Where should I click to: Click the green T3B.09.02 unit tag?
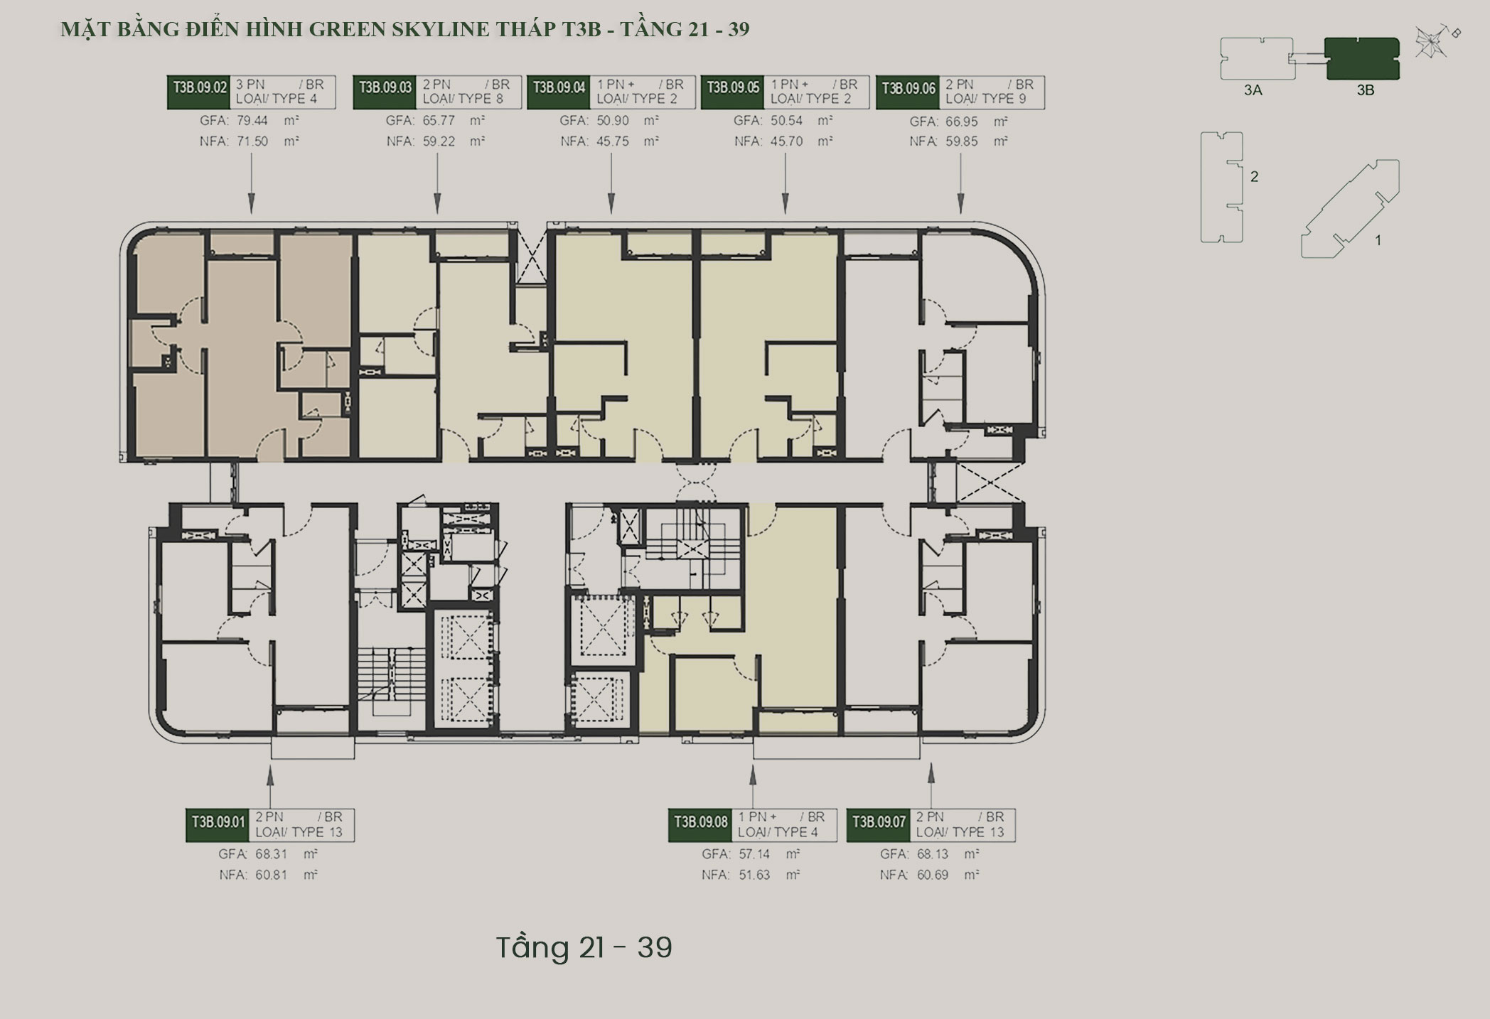(200, 88)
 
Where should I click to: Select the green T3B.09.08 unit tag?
(700, 822)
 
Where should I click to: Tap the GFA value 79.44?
(252, 121)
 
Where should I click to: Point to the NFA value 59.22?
(439, 141)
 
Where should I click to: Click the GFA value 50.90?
(613, 121)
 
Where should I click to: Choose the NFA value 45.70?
(786, 141)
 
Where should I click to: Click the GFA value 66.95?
(961, 122)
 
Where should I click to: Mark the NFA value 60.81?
(272, 875)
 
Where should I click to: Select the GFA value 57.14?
(754, 854)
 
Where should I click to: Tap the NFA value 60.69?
(932, 875)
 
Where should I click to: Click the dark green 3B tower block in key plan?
(1362, 59)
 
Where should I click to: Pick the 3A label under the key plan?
(1253, 90)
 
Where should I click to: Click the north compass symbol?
(1430, 42)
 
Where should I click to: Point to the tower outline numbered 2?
(1221, 188)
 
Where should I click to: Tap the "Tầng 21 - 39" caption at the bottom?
(584, 947)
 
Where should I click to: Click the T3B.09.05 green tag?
(732, 88)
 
